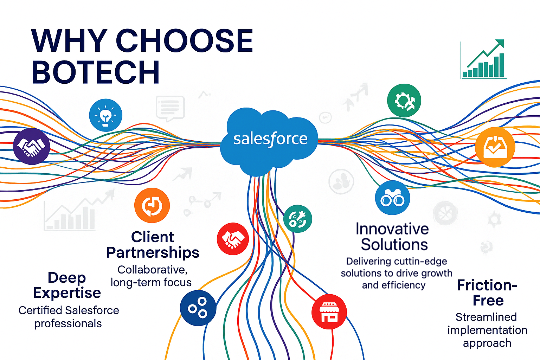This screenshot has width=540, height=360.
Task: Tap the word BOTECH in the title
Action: [x=96, y=72]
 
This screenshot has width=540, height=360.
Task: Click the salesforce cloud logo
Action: [x=269, y=141]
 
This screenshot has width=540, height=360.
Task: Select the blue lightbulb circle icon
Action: [x=105, y=115]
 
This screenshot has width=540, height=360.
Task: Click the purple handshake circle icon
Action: [x=31, y=146]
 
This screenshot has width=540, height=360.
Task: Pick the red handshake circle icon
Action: [x=233, y=239]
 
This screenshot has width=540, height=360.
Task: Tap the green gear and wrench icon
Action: [x=404, y=100]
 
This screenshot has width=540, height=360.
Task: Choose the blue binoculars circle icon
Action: [x=393, y=198]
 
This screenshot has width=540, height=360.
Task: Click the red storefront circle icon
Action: [x=329, y=311]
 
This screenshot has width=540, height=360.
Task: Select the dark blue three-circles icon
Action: [x=198, y=308]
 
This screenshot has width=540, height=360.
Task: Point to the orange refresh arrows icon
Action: [x=152, y=205]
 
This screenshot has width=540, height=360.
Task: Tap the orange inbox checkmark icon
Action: [x=495, y=147]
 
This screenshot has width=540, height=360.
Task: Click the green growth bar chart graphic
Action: [x=483, y=59]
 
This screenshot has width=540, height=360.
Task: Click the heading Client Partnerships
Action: [x=153, y=245]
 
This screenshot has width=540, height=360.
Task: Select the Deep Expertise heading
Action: [x=67, y=285]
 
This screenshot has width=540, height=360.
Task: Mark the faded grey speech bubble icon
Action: [x=170, y=108]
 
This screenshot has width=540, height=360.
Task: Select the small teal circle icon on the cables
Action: [x=298, y=219]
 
